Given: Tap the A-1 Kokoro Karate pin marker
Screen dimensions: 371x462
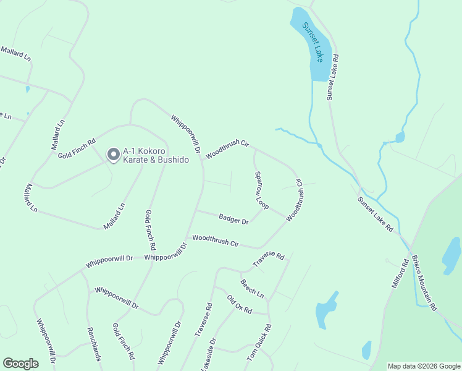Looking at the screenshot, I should click(x=113, y=154).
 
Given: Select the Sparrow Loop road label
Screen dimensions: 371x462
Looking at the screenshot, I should click(x=262, y=190).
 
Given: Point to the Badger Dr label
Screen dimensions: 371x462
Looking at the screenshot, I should click(x=233, y=218).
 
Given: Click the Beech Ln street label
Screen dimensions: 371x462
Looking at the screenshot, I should click(x=252, y=286).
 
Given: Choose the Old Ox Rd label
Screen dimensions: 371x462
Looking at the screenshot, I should click(x=239, y=305).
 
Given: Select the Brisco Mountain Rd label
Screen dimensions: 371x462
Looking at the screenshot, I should click(x=424, y=282).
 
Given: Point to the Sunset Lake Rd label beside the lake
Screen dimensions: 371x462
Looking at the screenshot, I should click(x=334, y=77).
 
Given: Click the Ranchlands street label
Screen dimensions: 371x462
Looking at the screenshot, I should click(x=94, y=344).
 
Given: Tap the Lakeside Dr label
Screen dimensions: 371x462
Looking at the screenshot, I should click(x=208, y=355).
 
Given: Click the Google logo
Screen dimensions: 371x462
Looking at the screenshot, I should click(x=20, y=364).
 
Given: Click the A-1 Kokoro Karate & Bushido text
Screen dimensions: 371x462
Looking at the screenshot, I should click(x=156, y=155).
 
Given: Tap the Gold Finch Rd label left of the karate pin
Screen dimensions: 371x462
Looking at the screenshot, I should click(x=77, y=147).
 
